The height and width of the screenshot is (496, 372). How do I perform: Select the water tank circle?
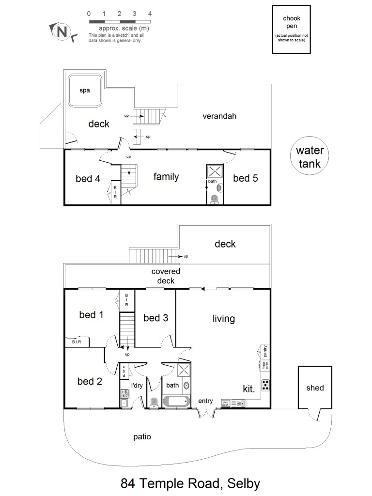click(310, 157)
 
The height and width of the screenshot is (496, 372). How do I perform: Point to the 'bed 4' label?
click(88, 178)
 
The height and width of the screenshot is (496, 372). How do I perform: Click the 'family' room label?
click(166, 177)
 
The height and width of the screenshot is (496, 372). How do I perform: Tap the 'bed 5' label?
click(245, 178)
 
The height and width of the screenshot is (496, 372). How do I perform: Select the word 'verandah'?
click(219, 116)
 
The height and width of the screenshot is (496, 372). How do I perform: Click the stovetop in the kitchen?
click(266, 386)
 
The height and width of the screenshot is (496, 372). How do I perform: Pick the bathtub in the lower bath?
click(177, 402)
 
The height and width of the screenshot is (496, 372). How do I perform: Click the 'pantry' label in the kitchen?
click(265, 350)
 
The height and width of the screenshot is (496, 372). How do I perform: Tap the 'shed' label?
click(315, 387)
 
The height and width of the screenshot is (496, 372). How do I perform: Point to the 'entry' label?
click(205, 400)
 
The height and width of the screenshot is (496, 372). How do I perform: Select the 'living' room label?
click(224, 319)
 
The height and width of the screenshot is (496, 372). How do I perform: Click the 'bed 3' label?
click(155, 318)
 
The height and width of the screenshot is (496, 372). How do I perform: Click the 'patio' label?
click(142, 437)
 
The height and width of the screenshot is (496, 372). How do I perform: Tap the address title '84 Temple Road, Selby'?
click(190, 483)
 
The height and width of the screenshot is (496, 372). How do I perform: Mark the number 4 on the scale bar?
click(150, 14)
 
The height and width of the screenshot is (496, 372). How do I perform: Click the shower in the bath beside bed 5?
click(215, 171)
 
